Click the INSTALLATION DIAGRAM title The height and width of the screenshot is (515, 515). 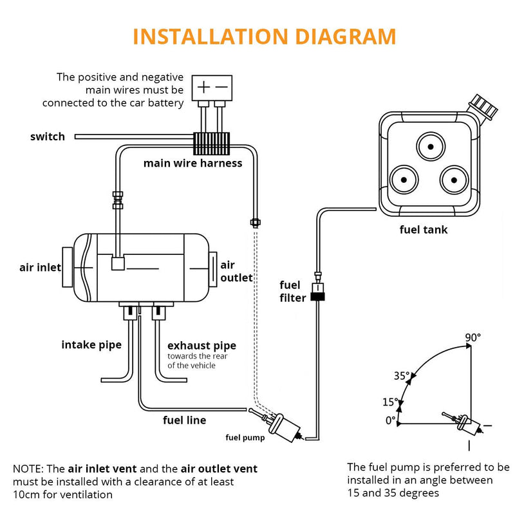(x=264, y=37)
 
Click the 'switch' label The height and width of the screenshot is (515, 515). (x=48, y=136)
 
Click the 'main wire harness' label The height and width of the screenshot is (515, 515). (x=192, y=163)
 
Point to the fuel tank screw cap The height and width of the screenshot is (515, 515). (x=483, y=107)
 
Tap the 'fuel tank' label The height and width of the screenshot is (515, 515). (x=423, y=230)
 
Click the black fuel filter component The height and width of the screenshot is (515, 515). (x=317, y=296)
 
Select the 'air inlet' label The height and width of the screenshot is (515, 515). (x=40, y=267)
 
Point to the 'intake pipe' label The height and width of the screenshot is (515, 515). (x=91, y=345)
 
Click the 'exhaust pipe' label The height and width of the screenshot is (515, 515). (x=201, y=346)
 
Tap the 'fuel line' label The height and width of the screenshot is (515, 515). (x=184, y=420)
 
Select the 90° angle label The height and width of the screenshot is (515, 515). (x=473, y=337)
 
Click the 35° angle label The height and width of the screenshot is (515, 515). (x=402, y=376)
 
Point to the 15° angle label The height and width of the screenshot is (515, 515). (x=390, y=402)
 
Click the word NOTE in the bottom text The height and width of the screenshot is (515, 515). (x=29, y=469)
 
